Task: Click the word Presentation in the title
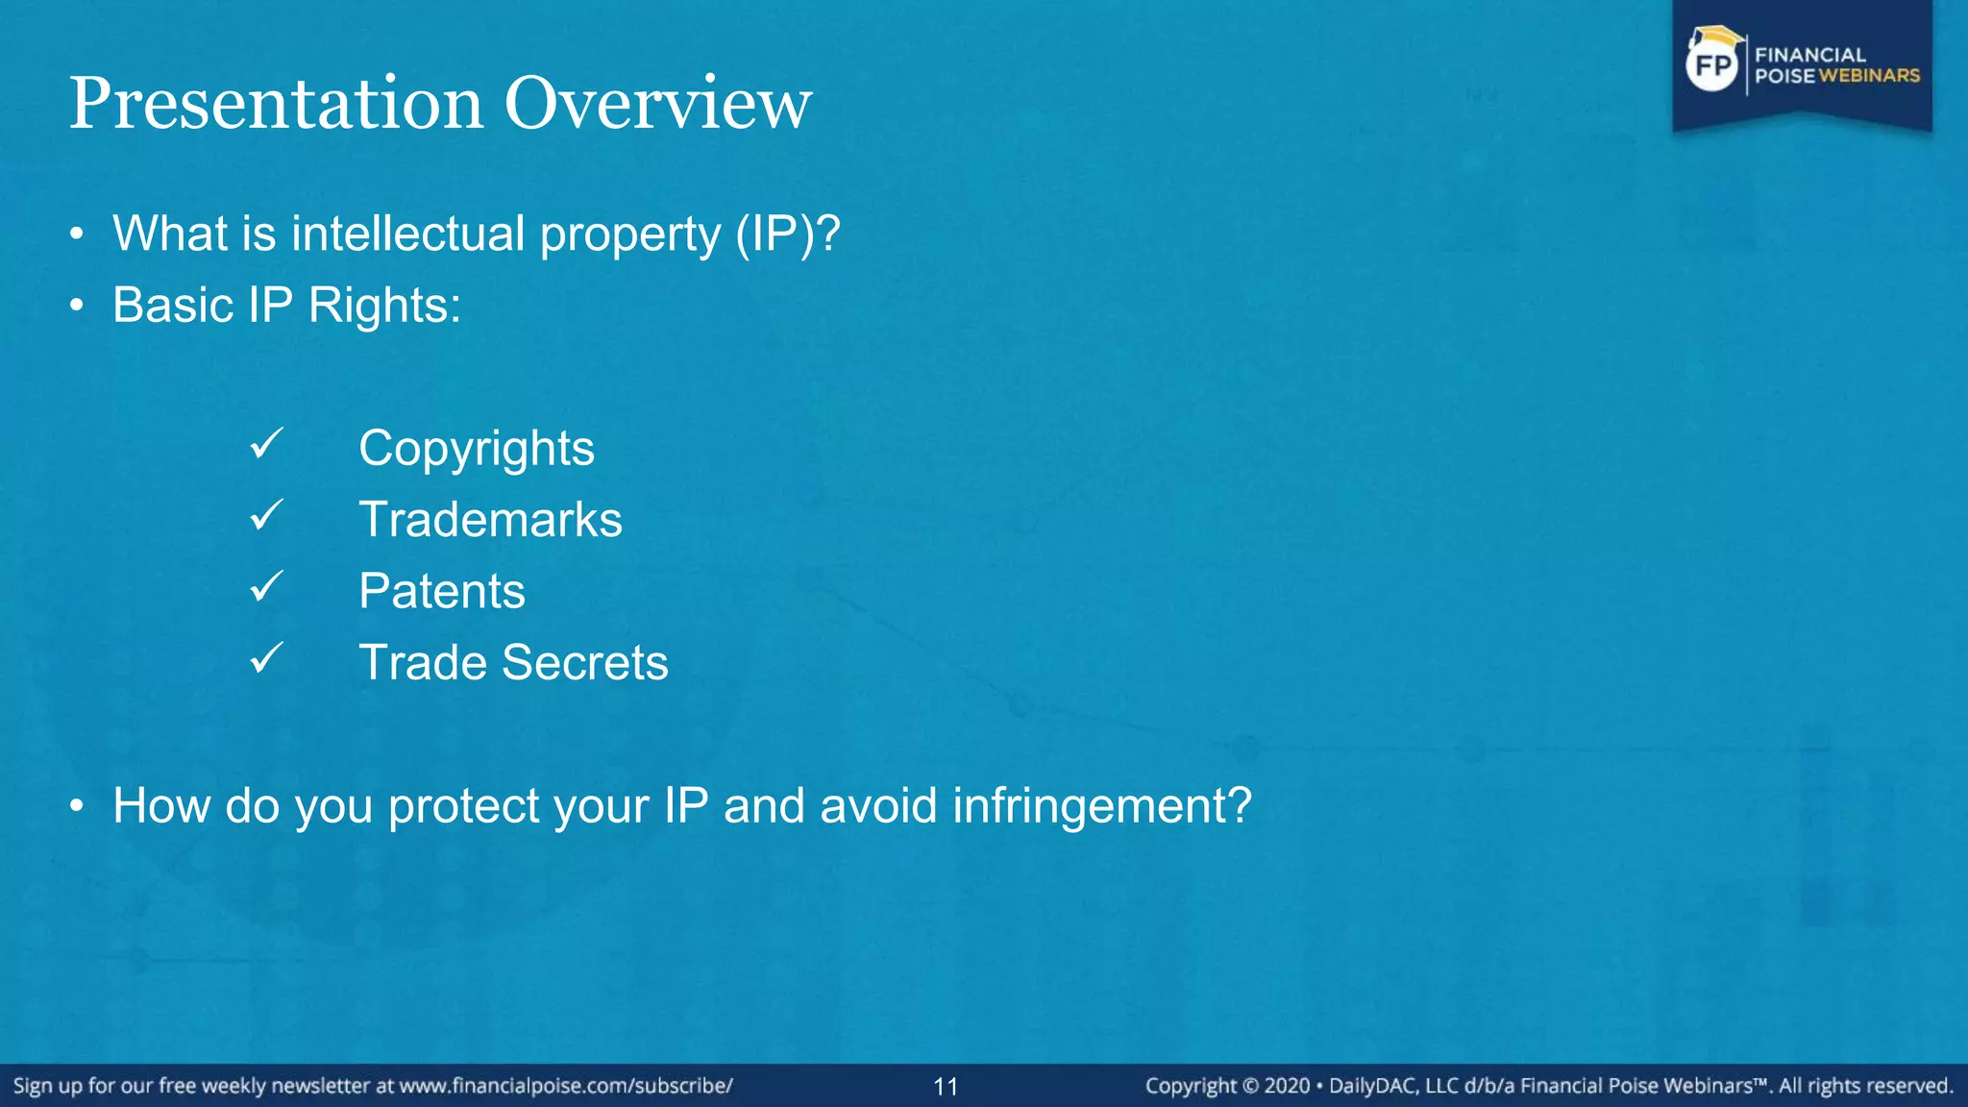[x=276, y=104]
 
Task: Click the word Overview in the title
[x=658, y=104]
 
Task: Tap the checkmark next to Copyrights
[x=266, y=444]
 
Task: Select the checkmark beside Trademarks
[x=266, y=515]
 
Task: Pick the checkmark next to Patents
[x=266, y=586]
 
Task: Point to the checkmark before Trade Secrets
[x=266, y=658]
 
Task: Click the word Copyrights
[x=477, y=449]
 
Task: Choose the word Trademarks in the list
[x=490, y=520]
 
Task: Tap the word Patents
[x=442, y=591]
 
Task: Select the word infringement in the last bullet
[x=1102, y=805]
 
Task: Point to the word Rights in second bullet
[x=384, y=307]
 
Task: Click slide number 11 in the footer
[x=946, y=1087]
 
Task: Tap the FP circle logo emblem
[x=1712, y=65]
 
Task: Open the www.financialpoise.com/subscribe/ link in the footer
[x=566, y=1086]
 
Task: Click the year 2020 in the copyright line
[x=1287, y=1086]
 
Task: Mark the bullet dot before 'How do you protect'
[x=77, y=806]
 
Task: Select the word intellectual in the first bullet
[x=408, y=234]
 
